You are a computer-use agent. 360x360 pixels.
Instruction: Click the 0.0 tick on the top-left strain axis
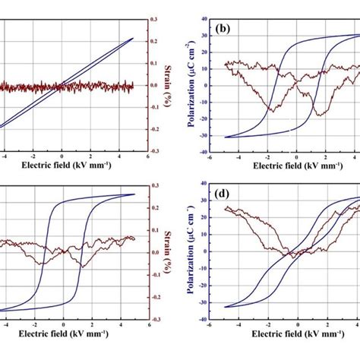click(154, 85)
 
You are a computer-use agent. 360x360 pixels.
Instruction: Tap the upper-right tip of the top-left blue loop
click(132, 38)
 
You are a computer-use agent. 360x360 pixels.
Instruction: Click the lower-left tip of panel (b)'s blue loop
click(227, 137)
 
